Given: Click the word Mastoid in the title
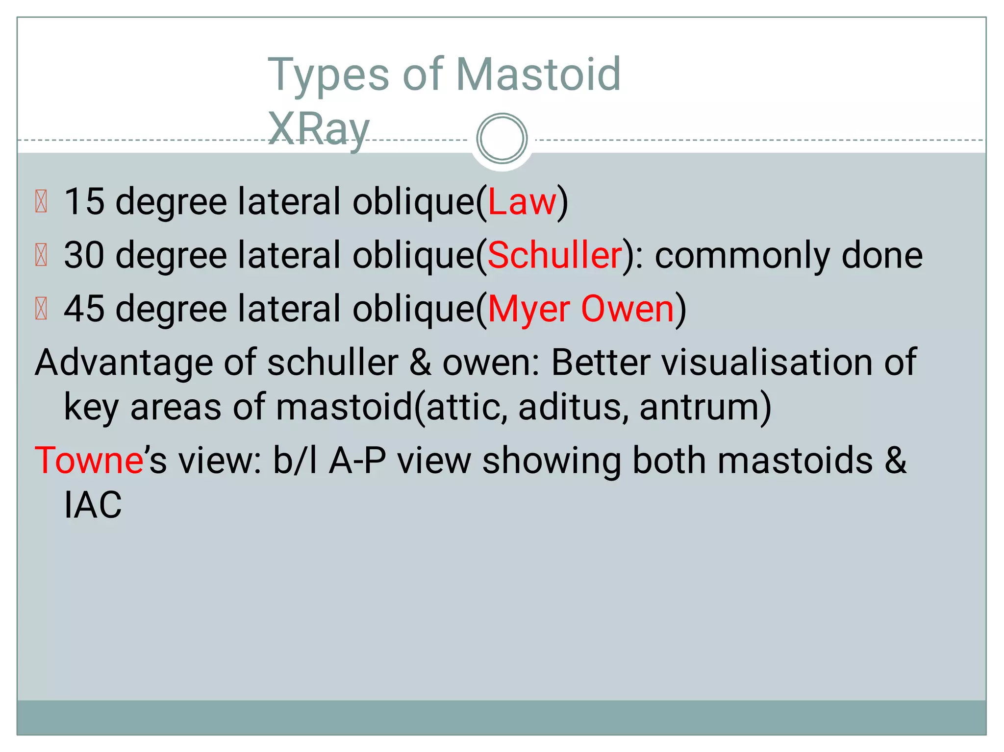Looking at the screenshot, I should (x=538, y=74).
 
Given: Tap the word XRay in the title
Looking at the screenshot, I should (x=319, y=128).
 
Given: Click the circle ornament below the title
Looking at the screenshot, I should (x=502, y=138).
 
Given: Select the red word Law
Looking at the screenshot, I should (x=522, y=201).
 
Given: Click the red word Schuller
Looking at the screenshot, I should (x=554, y=255).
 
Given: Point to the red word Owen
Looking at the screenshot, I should (x=628, y=309).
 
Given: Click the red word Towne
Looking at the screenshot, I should (x=89, y=461).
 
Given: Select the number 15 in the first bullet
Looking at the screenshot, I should (x=84, y=201).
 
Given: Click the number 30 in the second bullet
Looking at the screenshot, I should (x=84, y=255).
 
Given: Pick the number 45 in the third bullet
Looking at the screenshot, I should (x=84, y=309).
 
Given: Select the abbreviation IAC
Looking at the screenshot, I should (x=93, y=505).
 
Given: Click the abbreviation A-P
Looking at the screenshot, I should (x=357, y=461).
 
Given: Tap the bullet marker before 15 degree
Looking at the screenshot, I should (x=41, y=202).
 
